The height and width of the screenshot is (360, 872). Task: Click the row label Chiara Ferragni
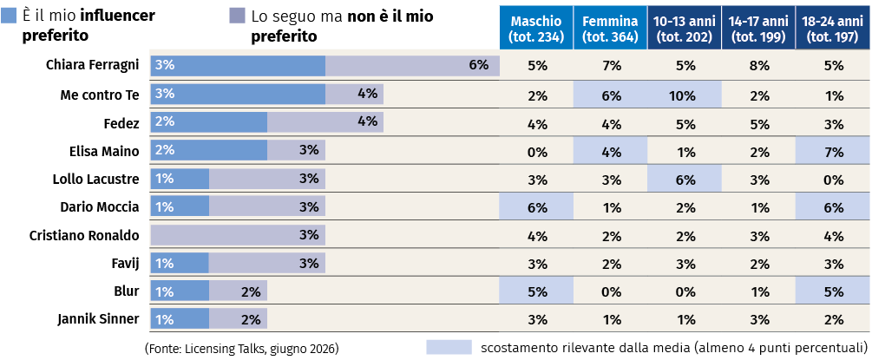92,66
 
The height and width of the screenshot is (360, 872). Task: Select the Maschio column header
536,29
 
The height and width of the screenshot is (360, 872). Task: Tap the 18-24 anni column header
832,29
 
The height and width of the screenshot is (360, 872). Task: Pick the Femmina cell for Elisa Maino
610,151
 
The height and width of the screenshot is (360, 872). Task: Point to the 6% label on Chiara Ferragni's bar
478,64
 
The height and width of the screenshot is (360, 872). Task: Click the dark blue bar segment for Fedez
209,121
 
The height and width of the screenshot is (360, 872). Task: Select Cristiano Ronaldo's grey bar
238,235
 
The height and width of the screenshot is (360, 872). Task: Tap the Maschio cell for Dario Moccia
536,207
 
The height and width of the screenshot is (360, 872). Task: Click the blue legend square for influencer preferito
9,16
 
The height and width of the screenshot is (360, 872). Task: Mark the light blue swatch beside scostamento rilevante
449,347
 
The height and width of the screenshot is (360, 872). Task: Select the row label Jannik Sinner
98,319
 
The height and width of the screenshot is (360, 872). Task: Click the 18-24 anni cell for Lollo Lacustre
832,179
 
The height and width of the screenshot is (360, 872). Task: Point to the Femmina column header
610,29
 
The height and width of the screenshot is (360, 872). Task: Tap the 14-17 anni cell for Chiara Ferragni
758,66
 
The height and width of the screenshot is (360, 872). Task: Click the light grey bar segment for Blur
238,291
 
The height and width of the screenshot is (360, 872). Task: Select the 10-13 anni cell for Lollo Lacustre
685,179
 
